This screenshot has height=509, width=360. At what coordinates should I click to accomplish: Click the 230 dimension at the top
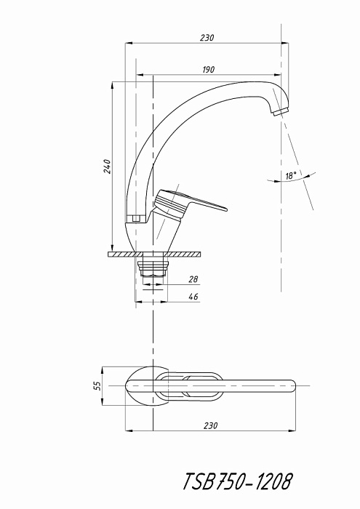(207, 38)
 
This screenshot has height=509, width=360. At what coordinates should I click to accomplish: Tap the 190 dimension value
(209, 70)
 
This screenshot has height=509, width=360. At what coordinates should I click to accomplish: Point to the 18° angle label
(291, 176)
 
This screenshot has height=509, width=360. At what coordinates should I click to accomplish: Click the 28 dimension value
(193, 279)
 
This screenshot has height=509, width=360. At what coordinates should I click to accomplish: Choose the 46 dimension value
(193, 297)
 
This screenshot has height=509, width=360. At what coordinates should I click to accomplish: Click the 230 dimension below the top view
(211, 425)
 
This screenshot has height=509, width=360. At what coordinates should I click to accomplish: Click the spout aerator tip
(281, 112)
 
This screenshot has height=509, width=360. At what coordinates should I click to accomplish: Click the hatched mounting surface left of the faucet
(121, 254)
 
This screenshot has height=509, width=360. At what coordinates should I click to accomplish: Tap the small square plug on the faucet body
(137, 218)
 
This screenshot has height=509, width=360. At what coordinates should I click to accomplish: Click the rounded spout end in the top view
(290, 385)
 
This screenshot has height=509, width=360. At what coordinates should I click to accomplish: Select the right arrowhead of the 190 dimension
(278, 75)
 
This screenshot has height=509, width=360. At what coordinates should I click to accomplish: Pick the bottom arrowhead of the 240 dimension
(112, 248)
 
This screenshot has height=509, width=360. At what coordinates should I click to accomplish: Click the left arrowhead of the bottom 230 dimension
(129, 430)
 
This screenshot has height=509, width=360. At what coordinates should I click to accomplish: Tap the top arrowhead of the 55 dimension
(103, 371)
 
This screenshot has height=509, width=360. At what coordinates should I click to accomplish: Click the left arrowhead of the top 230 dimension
(129, 43)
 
